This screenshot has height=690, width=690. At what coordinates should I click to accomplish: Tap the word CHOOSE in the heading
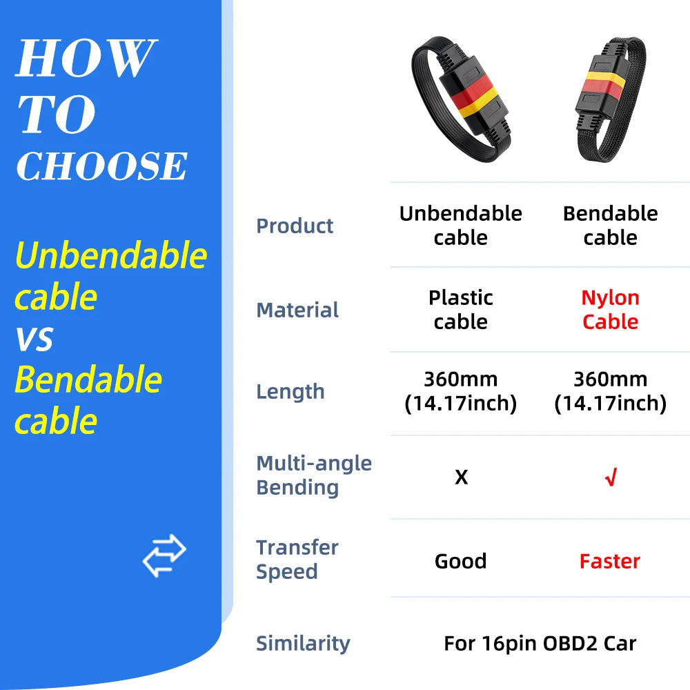(x=101, y=166)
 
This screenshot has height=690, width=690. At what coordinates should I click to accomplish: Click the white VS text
(x=34, y=339)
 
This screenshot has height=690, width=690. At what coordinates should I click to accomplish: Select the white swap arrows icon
(x=164, y=555)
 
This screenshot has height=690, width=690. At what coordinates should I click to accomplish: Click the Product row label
(x=295, y=226)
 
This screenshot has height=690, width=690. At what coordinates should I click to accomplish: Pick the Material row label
(x=297, y=310)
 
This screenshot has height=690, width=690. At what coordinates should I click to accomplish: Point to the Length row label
(x=290, y=391)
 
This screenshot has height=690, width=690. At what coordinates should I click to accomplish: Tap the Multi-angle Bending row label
(x=314, y=475)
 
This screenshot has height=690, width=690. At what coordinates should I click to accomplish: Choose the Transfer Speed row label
(x=297, y=560)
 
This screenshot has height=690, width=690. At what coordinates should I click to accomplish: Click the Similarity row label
(x=303, y=643)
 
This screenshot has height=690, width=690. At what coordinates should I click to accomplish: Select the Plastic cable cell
(x=461, y=310)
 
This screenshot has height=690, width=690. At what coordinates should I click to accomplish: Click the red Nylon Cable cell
(x=610, y=310)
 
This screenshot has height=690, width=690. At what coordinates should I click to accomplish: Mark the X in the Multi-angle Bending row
(x=461, y=477)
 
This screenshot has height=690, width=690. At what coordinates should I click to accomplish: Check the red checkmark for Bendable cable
(x=610, y=477)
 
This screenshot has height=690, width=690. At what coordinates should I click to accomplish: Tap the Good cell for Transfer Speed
(x=461, y=561)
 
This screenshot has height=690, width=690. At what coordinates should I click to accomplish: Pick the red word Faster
(x=610, y=561)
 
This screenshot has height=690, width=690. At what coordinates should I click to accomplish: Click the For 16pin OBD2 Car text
(x=540, y=644)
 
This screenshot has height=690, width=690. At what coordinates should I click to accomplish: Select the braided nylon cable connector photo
(x=610, y=97)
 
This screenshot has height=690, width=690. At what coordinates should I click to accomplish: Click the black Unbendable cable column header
(x=461, y=226)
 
